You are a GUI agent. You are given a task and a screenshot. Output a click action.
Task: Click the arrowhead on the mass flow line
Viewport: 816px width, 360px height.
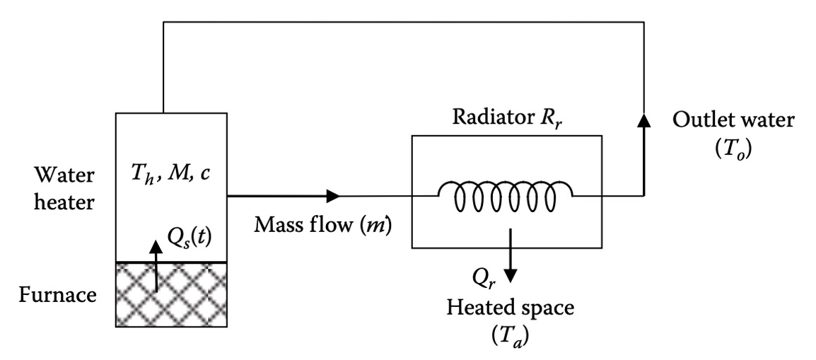[332, 194]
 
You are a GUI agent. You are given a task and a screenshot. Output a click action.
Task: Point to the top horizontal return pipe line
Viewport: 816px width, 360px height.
[403, 23]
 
